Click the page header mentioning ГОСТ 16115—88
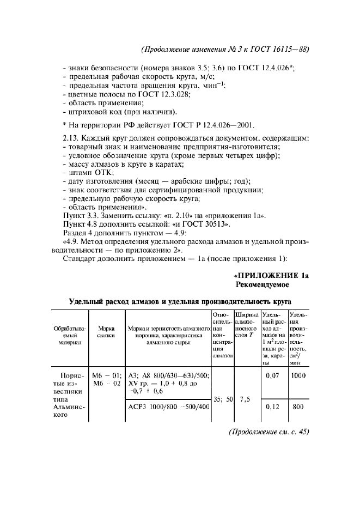[x=225, y=48]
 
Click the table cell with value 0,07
[x=272, y=375]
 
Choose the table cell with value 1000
[x=298, y=375]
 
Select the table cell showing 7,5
[x=245, y=399]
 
